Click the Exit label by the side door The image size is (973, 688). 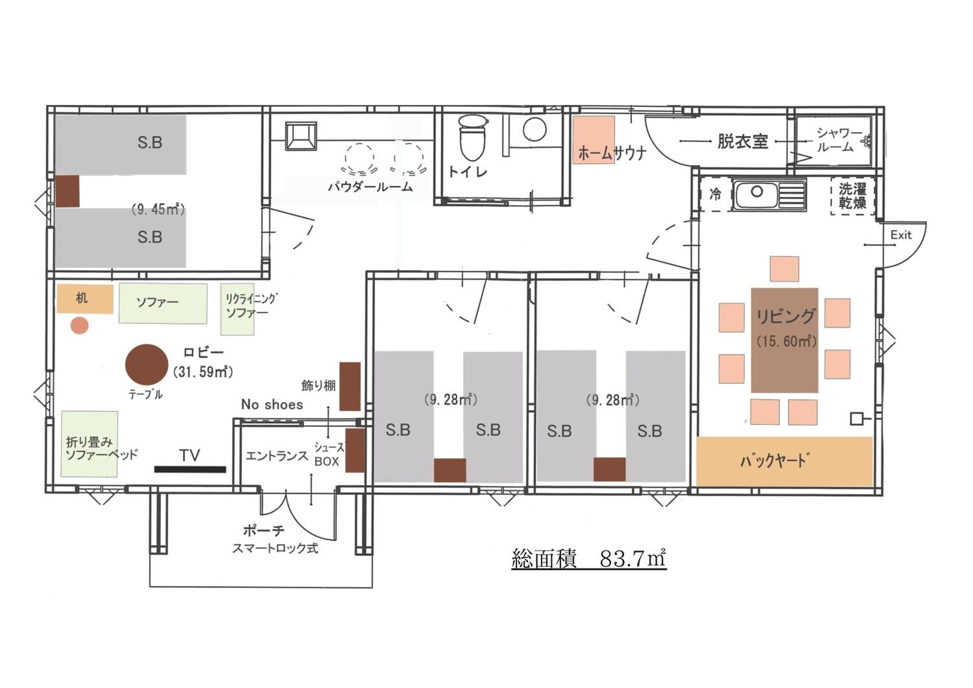click(x=901, y=235)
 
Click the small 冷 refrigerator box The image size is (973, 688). click(x=716, y=195)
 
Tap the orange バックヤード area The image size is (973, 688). click(x=785, y=461)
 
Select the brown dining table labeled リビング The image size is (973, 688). click(x=785, y=340)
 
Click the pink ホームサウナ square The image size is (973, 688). click(x=594, y=140)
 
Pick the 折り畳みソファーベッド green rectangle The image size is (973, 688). click(x=90, y=444)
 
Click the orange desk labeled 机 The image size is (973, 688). click(x=85, y=299)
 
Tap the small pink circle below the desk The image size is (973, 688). click(x=80, y=326)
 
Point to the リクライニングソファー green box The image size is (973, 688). click(x=237, y=309)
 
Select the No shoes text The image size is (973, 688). click(x=272, y=405)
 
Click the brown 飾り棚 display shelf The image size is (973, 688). click(x=350, y=386)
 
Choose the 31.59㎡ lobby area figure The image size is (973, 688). click(x=203, y=372)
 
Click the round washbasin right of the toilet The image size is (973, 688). click(x=535, y=129)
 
